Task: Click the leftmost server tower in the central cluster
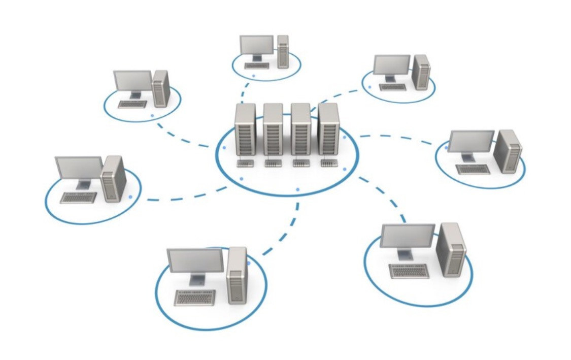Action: point(245,129)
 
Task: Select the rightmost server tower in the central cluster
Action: point(329,129)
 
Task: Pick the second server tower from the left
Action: point(273,129)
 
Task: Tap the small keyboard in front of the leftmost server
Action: point(245,163)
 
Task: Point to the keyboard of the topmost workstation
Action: point(257,66)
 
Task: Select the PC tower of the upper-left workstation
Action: point(161,88)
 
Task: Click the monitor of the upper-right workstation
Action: point(391,64)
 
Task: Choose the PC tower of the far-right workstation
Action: point(508,151)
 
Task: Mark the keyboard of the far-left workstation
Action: point(78,198)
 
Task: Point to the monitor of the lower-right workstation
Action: point(408,236)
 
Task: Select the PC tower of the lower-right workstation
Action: point(451,249)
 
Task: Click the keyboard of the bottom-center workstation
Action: point(195,297)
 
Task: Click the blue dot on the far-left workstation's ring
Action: point(130,196)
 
